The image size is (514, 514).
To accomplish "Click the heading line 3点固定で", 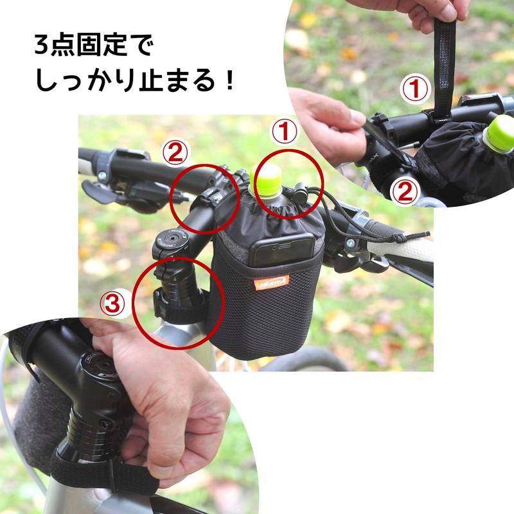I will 96,47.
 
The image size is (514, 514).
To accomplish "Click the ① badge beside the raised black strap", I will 415,89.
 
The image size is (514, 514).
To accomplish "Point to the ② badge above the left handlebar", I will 175,153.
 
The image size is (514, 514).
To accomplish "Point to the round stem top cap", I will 171,236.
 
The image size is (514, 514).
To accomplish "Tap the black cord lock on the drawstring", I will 299,191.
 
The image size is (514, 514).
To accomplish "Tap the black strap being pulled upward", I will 443,64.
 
